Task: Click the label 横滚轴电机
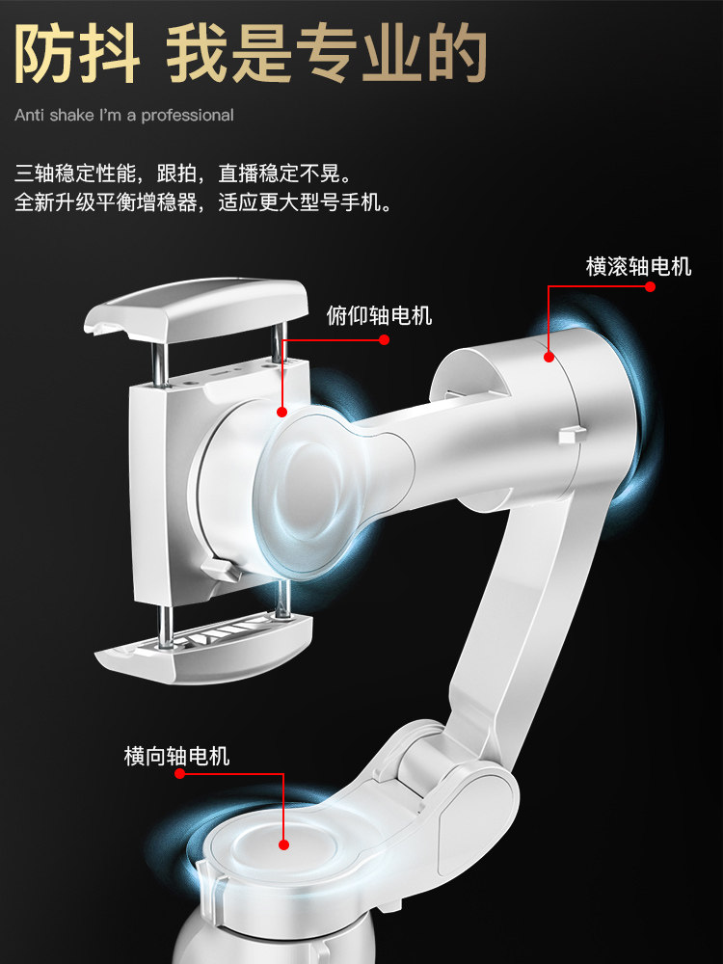(638, 266)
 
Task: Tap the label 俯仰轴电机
(379, 314)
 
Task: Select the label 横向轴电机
(176, 756)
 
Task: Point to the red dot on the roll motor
(549, 357)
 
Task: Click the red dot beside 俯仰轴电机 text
(384, 339)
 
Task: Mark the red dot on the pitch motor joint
(282, 412)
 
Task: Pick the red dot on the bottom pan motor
(284, 844)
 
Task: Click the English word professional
(187, 116)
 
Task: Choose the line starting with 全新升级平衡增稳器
(202, 203)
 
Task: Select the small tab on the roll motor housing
(572, 434)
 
